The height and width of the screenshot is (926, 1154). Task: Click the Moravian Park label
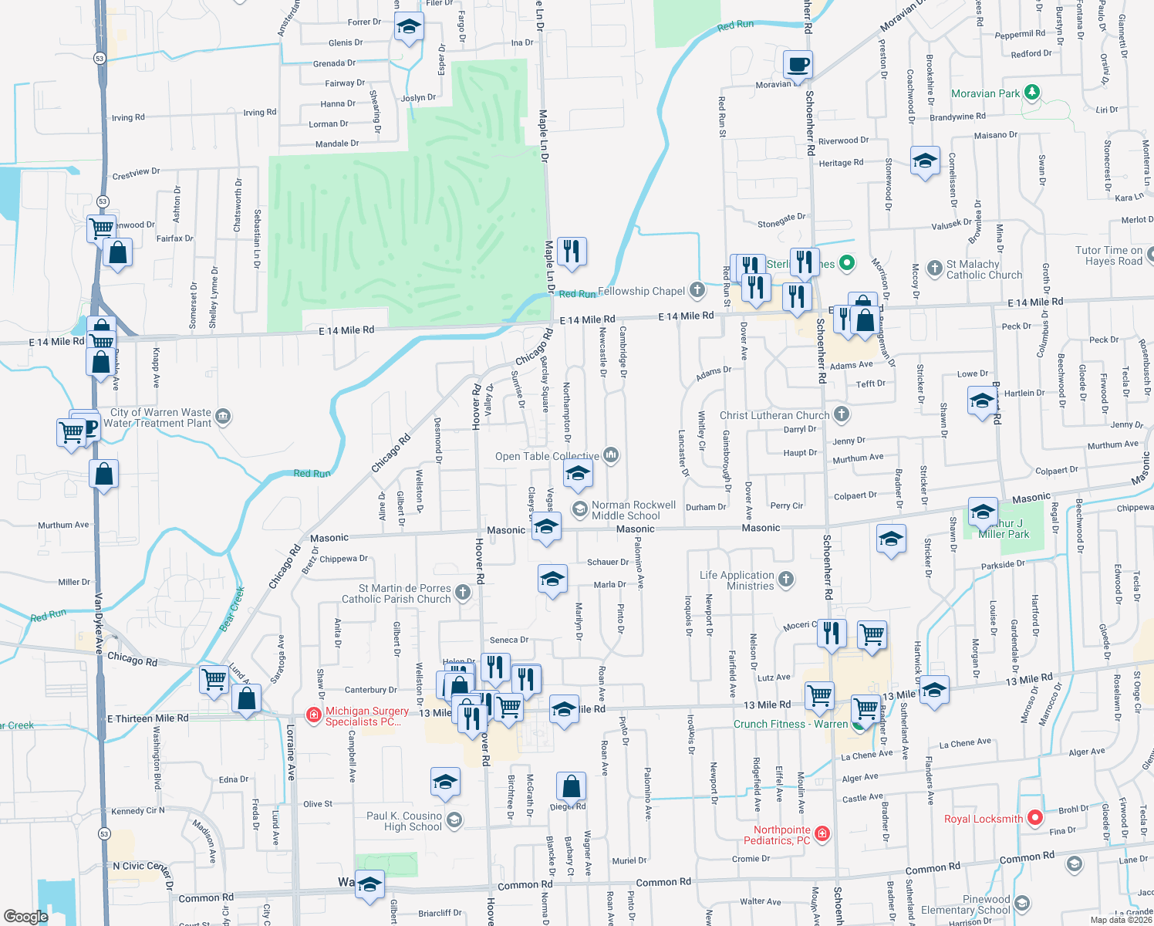pos(985,93)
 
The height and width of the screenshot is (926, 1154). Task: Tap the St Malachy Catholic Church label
pos(984,269)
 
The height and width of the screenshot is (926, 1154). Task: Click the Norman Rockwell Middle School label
pos(633,510)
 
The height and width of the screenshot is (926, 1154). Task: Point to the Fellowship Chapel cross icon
pos(697,290)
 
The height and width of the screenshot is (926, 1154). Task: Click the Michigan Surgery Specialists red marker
pos(314,715)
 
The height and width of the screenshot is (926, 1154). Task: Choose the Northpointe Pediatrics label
pos(781,835)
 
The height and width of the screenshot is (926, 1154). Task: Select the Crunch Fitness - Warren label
pos(790,724)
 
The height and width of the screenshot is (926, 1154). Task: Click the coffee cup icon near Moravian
pos(798,64)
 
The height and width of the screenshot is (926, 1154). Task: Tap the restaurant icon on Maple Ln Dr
pos(572,252)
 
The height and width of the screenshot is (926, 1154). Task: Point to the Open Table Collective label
pos(547,456)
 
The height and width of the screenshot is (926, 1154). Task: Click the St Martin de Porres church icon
pos(463,593)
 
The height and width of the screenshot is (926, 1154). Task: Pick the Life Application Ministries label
pos(737,580)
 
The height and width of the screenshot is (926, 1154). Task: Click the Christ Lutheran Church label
pos(774,415)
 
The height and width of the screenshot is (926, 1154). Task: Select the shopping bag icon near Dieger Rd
pos(572,787)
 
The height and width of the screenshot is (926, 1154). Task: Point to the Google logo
pos(25,916)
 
